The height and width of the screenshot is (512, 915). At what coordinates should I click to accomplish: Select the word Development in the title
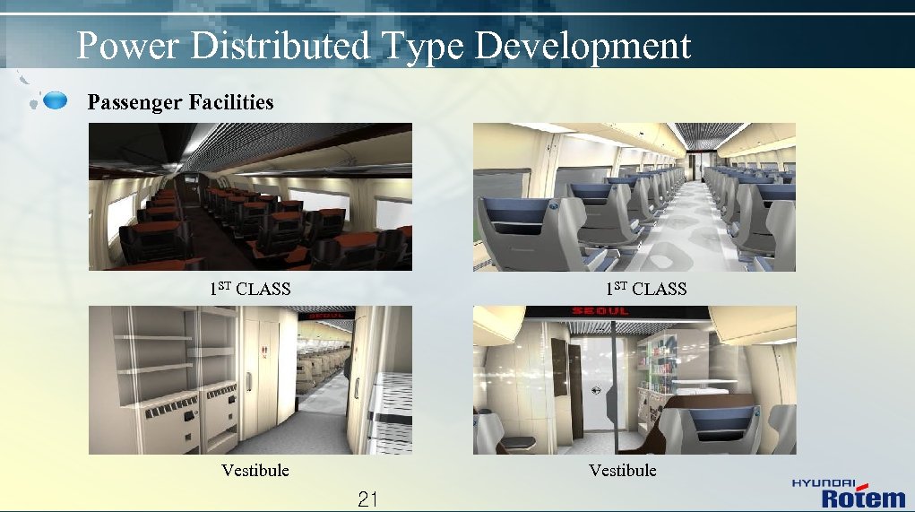click(583, 46)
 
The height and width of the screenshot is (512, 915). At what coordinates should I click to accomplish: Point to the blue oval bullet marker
click(56, 100)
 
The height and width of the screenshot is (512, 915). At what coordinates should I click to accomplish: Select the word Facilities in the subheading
click(231, 102)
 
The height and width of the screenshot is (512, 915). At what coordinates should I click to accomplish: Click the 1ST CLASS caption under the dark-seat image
click(250, 289)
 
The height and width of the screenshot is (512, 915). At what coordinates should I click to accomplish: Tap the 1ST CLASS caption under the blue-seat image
click(645, 289)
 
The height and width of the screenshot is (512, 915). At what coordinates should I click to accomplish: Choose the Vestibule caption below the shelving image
click(255, 470)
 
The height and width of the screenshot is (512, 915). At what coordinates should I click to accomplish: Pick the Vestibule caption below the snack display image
click(623, 470)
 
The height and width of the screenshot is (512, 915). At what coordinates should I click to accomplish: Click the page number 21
click(367, 499)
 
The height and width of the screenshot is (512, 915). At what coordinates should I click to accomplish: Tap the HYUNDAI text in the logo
click(823, 483)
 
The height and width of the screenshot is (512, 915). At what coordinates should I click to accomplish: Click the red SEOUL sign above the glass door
click(600, 311)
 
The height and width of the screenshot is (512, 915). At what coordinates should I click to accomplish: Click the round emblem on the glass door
click(596, 390)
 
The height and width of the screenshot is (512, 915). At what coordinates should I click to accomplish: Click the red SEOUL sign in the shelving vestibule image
click(328, 317)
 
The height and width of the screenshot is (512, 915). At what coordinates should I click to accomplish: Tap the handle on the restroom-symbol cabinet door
click(251, 381)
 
